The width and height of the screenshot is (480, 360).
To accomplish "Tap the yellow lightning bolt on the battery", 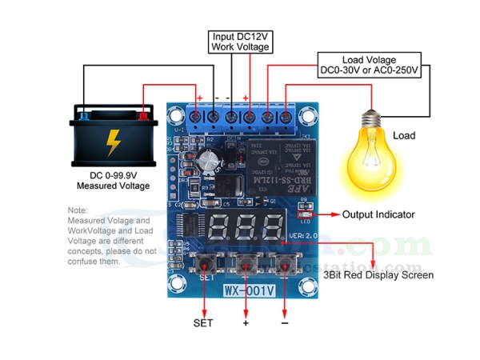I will pyautogui.click(x=114, y=142).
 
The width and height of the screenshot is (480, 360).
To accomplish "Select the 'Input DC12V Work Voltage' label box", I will pyautogui.click(x=240, y=42).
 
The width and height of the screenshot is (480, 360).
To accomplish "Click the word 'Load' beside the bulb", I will pyautogui.click(x=404, y=135).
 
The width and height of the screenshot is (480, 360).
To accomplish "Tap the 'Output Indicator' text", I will pyautogui.click(x=379, y=214).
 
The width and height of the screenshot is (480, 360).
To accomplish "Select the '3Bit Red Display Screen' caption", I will pyautogui.click(x=378, y=274).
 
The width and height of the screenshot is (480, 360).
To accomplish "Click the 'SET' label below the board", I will pyautogui.click(x=204, y=323).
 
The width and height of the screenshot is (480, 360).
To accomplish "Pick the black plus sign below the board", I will pyautogui.click(x=246, y=323).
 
